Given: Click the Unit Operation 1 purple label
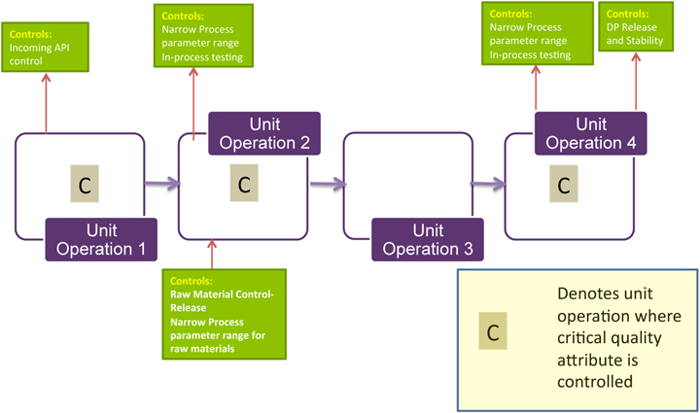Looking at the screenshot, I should pyautogui.click(x=101, y=238).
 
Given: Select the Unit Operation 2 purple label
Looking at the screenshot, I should pyautogui.click(x=265, y=133).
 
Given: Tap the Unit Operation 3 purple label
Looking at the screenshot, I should pyautogui.click(x=428, y=238).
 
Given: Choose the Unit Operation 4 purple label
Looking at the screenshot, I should pyautogui.click(x=591, y=133).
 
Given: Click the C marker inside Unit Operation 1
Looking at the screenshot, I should pyautogui.click(x=86, y=185).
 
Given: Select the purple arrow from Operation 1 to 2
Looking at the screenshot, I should pyautogui.click(x=162, y=182).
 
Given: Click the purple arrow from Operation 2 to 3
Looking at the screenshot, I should pyautogui.click(x=328, y=182).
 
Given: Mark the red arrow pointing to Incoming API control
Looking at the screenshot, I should pyautogui.click(x=45, y=102).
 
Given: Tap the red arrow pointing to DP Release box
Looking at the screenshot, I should pyautogui.click(x=636, y=87).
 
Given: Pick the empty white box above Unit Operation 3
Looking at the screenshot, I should pyautogui.click(x=408, y=175).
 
